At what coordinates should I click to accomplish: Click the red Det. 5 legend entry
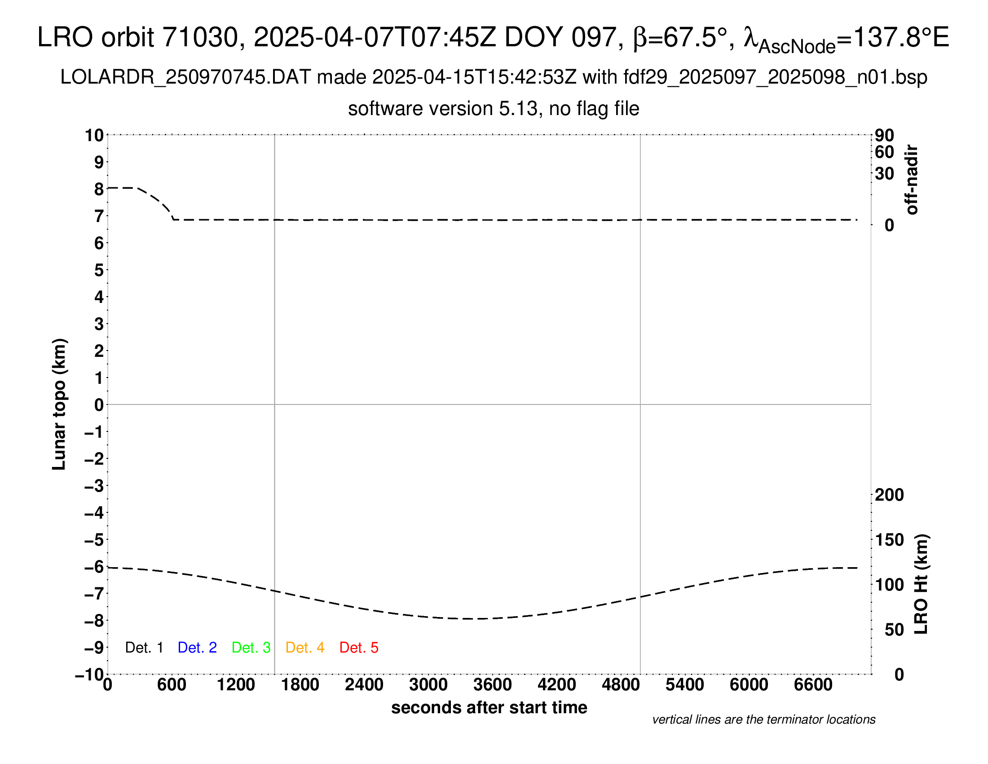tap(359, 648)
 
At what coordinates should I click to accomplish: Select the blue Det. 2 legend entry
tap(197, 648)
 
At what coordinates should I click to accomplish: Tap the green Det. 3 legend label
tap(251, 648)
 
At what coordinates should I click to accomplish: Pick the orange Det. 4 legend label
tap(305, 648)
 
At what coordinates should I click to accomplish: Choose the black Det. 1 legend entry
tap(144, 648)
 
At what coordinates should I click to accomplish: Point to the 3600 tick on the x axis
tap(493, 684)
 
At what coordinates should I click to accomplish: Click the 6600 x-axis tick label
tap(813, 684)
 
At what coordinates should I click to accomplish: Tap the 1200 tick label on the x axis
tap(236, 684)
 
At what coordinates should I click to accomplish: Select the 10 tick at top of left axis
tap(95, 135)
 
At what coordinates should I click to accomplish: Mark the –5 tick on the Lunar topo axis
tap(95, 540)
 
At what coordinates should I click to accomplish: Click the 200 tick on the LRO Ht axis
tap(889, 495)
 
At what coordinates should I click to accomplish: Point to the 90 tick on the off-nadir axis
tap(884, 135)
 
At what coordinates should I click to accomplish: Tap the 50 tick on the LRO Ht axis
tap(894, 630)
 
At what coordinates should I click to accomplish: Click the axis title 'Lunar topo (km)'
tap(59, 404)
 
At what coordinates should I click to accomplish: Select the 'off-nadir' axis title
tap(912, 179)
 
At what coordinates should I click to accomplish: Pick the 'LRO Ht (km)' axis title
tap(921, 584)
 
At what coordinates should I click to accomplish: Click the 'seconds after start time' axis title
tap(489, 707)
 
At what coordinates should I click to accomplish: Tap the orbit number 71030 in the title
tap(200, 37)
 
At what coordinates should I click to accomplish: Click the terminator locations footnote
tap(763, 720)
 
